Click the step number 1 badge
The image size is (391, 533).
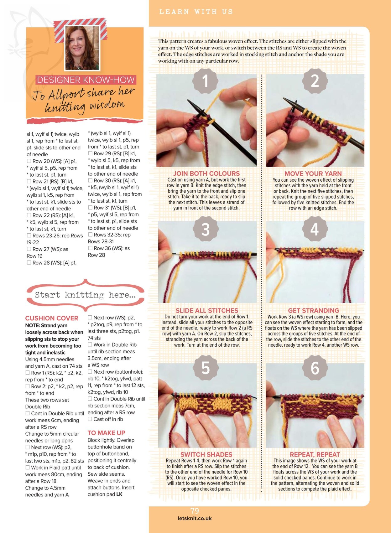[205, 81]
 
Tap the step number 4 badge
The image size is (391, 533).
[315, 229]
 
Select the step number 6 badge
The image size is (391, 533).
[315, 368]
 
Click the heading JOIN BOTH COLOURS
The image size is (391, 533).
[206, 173]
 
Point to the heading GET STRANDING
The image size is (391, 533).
[314, 310]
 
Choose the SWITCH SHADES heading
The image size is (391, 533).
[206, 454]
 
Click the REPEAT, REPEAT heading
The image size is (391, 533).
[315, 454]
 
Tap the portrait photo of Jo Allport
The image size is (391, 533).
[82, 48]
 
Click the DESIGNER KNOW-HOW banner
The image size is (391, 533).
[86, 80]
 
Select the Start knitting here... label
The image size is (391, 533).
[85, 295]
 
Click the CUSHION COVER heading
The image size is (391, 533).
[52, 318]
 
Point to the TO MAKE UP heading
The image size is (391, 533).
[107, 433]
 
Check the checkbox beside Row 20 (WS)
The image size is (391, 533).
[29, 161]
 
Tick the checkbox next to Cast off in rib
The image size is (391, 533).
[90, 419]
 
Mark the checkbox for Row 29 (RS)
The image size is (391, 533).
[90, 153]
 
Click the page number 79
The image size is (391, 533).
[195, 511]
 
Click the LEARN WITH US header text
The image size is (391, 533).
[196, 12]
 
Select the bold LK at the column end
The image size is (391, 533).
[119, 494]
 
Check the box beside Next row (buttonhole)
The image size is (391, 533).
[90, 372]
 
